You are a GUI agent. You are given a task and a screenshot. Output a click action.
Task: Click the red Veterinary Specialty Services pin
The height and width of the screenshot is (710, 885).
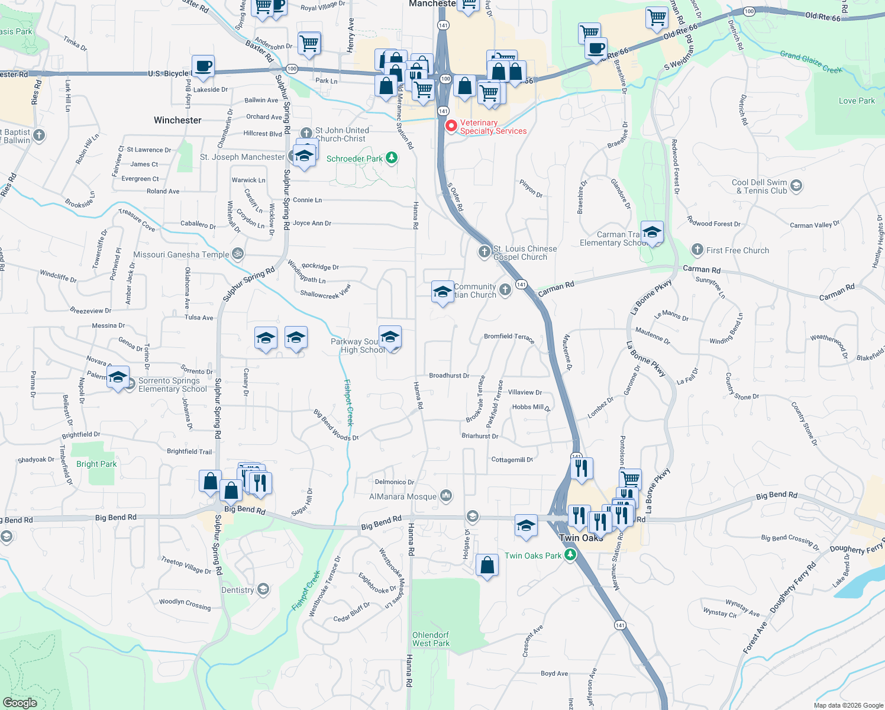point(451,126)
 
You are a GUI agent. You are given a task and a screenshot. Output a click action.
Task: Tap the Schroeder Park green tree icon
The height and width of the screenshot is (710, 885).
point(391,158)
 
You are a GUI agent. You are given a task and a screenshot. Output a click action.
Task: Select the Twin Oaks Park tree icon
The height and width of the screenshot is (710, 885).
point(570,555)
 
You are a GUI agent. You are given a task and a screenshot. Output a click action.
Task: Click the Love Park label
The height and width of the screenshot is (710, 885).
point(856,101)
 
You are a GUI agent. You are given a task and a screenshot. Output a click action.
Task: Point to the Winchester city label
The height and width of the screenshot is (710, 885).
point(177,120)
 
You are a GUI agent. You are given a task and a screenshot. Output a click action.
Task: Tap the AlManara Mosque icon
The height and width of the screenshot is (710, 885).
point(446,496)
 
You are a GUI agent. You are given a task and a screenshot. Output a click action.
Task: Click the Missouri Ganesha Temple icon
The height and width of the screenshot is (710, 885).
point(237,254)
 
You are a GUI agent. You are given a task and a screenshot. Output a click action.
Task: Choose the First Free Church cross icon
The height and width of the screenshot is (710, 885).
point(697,250)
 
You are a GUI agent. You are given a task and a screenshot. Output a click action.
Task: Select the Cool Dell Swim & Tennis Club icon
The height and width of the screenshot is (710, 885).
point(796,186)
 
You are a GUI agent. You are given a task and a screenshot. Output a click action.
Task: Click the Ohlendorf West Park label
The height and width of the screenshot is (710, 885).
point(431,639)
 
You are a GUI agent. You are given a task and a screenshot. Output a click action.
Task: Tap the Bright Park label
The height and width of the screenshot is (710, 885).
point(96,464)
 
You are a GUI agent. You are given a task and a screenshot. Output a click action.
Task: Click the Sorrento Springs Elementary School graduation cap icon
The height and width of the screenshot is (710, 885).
point(118,377)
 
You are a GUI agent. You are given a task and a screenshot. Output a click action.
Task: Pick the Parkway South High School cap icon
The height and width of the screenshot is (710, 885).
point(390,337)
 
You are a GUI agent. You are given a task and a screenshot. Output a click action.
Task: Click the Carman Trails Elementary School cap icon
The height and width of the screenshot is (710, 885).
point(652,233)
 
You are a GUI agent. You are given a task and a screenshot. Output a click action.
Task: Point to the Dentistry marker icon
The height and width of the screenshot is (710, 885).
point(263,589)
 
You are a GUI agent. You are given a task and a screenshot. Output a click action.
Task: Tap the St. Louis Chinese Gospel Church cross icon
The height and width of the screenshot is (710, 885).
point(485,252)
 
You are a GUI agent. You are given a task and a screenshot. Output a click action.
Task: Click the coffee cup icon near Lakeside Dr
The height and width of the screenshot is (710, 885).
point(203,66)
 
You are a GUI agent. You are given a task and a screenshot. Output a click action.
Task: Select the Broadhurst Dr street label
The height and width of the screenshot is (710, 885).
point(449,376)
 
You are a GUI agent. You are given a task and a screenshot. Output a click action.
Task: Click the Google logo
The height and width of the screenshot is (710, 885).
point(20,702)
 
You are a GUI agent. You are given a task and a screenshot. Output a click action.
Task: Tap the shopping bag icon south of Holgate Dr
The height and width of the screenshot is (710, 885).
point(487,566)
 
